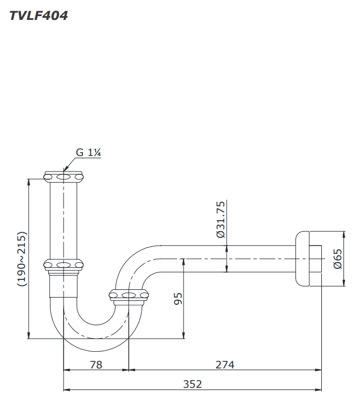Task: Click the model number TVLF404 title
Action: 39,15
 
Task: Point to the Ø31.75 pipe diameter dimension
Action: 220,220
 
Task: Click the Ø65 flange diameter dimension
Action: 338,258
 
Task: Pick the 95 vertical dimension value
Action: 178,299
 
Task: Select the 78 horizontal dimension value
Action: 96,365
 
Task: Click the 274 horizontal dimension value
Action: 225,365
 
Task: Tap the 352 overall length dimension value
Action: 192,384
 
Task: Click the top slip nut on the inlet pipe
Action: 64,177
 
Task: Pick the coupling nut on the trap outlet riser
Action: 129,296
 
